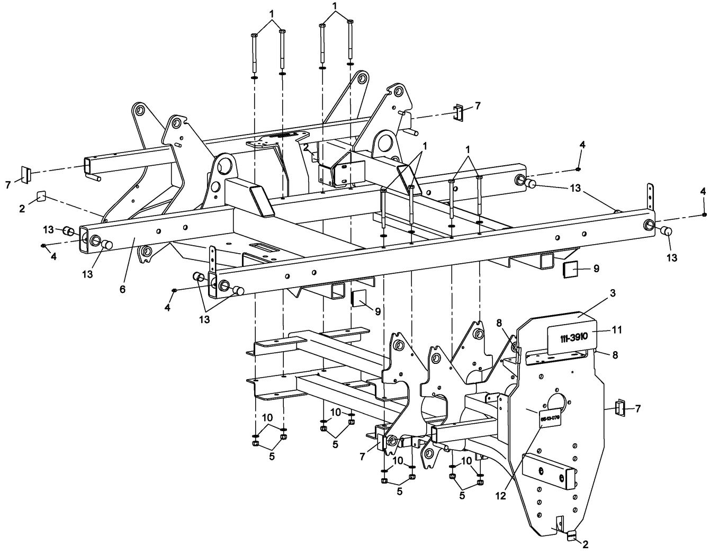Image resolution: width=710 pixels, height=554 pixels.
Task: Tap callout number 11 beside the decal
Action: pos(617,330)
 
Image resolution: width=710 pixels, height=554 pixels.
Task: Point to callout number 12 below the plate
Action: pos(501,496)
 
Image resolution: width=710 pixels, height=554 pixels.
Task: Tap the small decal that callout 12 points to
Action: pos(550,418)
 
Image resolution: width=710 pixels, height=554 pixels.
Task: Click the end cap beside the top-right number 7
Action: pos(458,112)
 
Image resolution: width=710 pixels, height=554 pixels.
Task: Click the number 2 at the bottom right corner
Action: pos(586,544)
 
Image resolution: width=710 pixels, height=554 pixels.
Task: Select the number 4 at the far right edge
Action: pos(703,191)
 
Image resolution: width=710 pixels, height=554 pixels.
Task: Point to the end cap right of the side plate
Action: pos(619,408)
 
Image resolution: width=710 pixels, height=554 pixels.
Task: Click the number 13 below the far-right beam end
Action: pos(671,258)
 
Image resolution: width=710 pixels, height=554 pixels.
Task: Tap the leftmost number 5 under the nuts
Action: pos(272,457)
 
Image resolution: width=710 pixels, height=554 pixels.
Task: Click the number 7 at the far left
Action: pos(8,185)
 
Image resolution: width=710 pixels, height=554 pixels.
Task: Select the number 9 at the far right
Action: pos(596,269)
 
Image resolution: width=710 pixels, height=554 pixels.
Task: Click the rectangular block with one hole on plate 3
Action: pos(547,470)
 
